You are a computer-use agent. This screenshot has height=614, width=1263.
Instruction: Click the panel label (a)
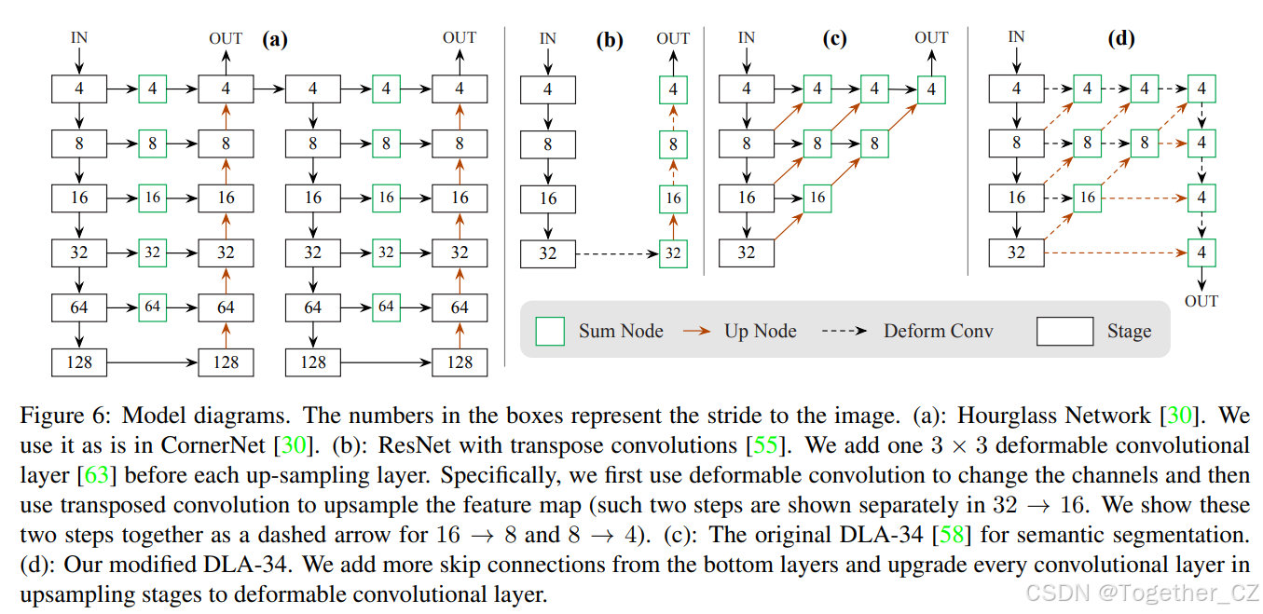[x=275, y=39]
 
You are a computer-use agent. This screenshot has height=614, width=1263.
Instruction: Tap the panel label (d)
[x=1121, y=39]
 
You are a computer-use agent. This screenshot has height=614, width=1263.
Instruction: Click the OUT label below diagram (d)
[x=1201, y=301]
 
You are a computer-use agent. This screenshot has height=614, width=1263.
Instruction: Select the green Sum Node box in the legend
[x=550, y=331]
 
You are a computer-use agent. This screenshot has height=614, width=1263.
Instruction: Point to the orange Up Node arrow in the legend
[x=696, y=331]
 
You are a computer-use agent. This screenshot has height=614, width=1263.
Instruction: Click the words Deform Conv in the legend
[x=939, y=331]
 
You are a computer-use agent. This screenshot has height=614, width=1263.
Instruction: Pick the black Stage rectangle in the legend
[x=1064, y=331]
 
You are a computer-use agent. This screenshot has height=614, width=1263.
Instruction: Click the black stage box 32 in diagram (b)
[x=547, y=253]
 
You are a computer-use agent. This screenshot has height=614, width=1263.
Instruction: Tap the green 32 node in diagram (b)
[x=673, y=253]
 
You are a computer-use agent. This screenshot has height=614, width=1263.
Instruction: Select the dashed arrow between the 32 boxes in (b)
[x=617, y=253]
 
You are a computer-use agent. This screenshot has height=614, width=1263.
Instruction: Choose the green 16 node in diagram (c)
[x=817, y=198]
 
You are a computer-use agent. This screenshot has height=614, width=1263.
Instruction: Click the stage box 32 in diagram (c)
[x=747, y=252]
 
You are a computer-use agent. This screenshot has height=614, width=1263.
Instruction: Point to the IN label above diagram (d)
[x=1016, y=37]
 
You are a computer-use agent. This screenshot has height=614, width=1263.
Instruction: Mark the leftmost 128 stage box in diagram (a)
[x=79, y=362]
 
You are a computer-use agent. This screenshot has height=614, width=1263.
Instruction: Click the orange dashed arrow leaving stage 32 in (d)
[x=1116, y=252]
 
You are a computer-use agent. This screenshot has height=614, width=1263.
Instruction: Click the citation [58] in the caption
[x=952, y=535]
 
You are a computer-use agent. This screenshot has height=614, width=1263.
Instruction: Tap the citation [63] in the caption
[x=96, y=475]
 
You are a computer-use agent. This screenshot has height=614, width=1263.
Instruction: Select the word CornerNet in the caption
[x=213, y=444]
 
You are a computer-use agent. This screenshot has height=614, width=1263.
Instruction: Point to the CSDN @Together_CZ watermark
[x=1142, y=594]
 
